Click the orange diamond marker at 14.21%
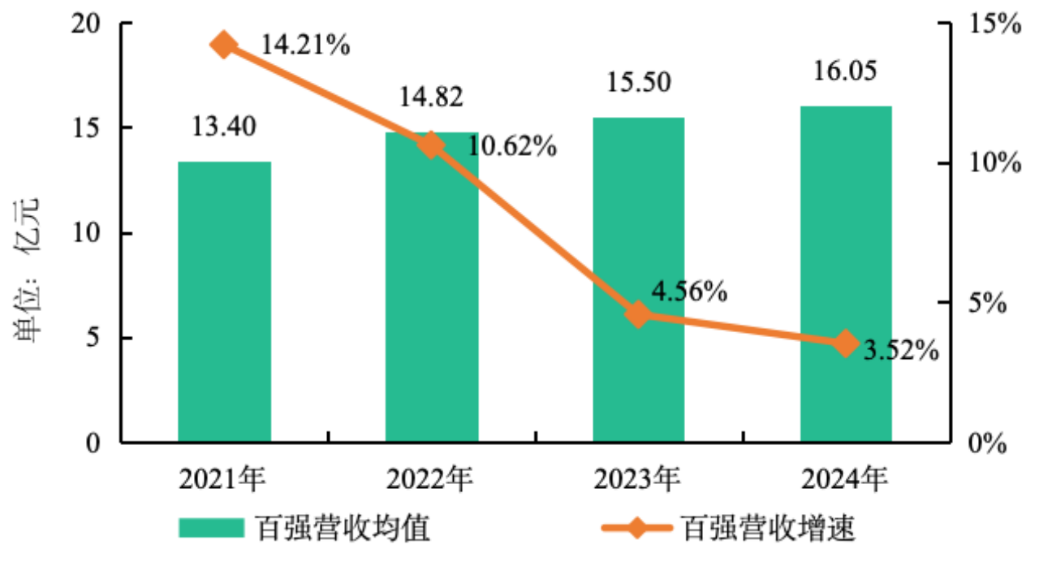[x=224, y=45]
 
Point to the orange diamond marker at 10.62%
[x=432, y=145]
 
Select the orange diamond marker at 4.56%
[x=639, y=314]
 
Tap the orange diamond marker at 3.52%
[x=846, y=343]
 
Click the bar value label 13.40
[x=224, y=127]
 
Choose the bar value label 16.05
[x=846, y=71]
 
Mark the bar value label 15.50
[x=639, y=83]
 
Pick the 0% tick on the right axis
[x=985, y=443]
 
